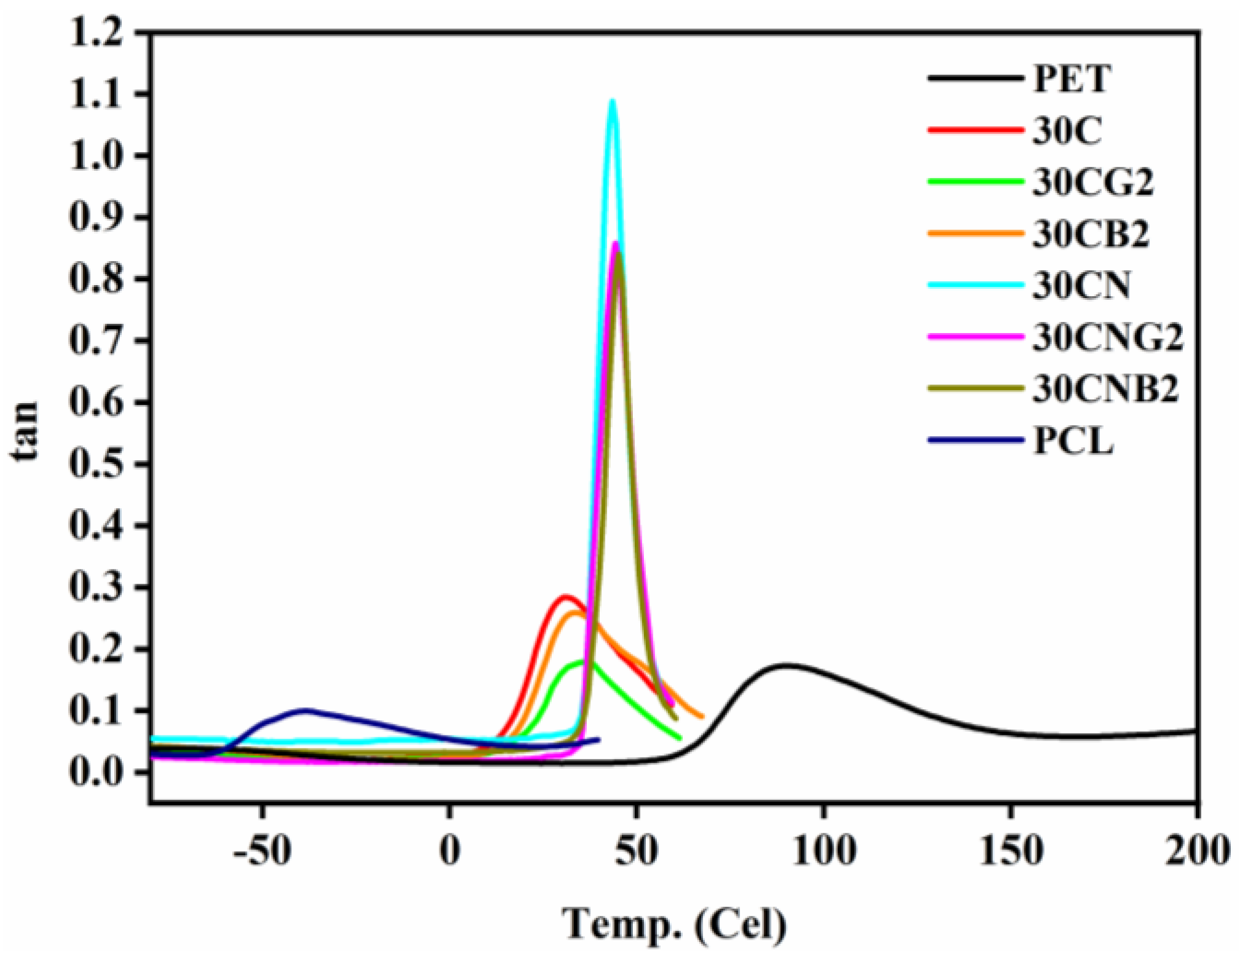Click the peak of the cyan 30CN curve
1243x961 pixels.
(x=612, y=101)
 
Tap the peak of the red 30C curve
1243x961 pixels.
(x=565, y=596)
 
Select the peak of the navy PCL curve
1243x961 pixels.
(x=305, y=710)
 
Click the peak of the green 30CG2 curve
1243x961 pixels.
(x=581, y=662)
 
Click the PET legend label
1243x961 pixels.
(x=1072, y=79)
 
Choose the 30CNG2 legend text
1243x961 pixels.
(x=1107, y=337)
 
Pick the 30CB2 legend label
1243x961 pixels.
(x=1091, y=234)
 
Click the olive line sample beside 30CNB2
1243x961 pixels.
(x=976, y=388)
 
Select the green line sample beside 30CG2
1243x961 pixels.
(x=976, y=182)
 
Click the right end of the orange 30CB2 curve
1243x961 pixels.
(x=702, y=716)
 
